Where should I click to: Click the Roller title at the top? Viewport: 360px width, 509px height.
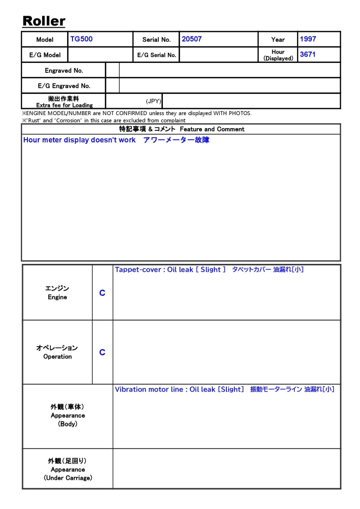pos(44,21)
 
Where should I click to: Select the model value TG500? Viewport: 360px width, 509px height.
pos(81,39)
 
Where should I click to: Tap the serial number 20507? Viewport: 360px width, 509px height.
pos(192,39)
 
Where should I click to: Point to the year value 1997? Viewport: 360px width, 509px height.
pos(308,39)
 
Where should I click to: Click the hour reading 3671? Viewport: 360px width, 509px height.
pos(307,54)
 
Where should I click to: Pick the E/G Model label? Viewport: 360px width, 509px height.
pos(45,55)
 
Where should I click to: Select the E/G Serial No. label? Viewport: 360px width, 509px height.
pos(157,55)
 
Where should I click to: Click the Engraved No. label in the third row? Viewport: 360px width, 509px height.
pos(64,71)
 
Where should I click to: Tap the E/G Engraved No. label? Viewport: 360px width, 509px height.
pos(64,86)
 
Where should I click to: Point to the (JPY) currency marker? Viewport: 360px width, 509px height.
pos(153,101)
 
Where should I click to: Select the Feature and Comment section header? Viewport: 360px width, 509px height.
pos(181,129)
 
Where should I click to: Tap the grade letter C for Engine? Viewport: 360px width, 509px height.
pos(102,293)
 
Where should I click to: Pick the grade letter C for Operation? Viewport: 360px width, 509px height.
pos(102,353)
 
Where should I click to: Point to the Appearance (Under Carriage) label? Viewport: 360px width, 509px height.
pos(67,469)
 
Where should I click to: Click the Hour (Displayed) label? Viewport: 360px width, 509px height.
pos(278,55)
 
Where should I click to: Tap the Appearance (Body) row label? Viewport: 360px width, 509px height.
pos(67,415)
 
